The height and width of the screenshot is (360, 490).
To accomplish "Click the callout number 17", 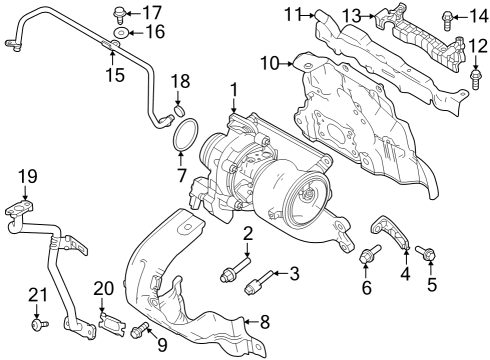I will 151,12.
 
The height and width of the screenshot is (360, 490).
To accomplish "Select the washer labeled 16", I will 119,35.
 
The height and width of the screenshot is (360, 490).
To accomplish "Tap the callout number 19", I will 27,177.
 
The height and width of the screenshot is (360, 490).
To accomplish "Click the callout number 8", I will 265,322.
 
